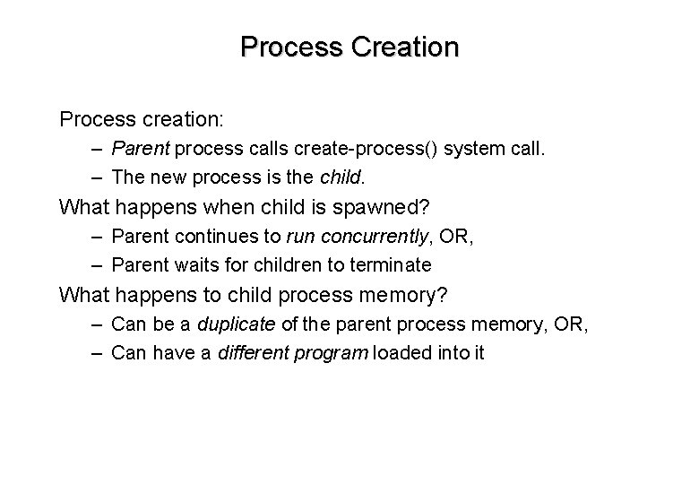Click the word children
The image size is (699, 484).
click(x=285, y=264)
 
